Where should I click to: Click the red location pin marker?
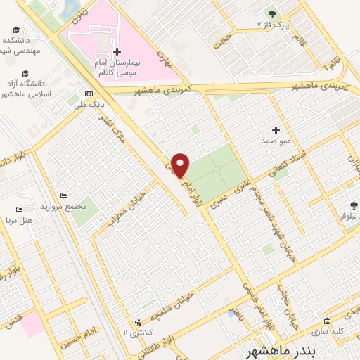181,165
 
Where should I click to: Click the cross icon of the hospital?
117,51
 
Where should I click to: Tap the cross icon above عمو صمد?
276,130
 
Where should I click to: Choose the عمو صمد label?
276,141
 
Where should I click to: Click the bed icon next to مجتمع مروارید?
64,195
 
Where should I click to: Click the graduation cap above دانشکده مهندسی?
16,30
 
